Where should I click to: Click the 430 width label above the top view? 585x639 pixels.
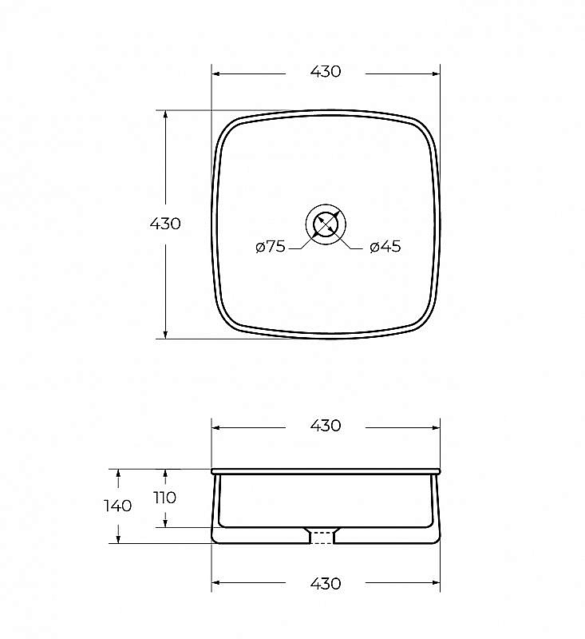tap(326, 72)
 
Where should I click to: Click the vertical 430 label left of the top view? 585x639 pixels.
tap(165, 224)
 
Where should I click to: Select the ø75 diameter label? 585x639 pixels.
tap(271, 247)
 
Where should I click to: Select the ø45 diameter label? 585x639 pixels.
tap(385, 247)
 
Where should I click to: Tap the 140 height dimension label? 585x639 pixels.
tap(117, 506)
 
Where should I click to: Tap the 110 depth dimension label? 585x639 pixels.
tap(165, 498)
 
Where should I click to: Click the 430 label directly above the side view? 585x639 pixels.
tap(326, 426)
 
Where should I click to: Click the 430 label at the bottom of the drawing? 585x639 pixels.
tap(326, 584)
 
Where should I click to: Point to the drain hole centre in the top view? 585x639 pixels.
tap(326, 224)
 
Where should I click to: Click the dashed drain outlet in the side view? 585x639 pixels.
tap(322, 538)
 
